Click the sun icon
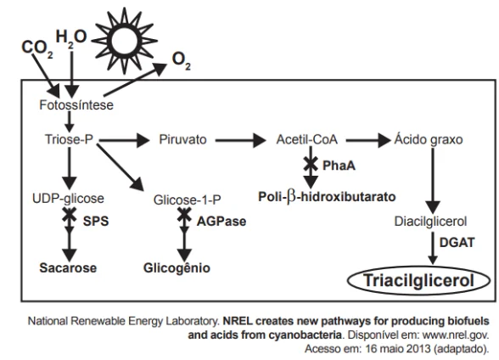pos(125,41)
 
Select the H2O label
pos(71,37)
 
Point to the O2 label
pos(182,61)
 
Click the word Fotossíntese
pos(76,105)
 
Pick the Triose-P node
pos(69,139)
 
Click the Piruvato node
pos(182,139)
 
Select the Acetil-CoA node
pos(307,139)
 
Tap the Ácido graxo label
pos(429,139)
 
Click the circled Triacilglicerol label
pos(418,281)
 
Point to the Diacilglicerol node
pos(430,222)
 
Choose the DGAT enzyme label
pos(457,243)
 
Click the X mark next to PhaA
pos(311,164)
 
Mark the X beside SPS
pos(69,214)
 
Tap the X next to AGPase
pos(184,214)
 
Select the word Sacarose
pos(68,267)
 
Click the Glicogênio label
pos(177,267)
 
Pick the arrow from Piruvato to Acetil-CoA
pos(241,140)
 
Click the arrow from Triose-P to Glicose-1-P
pos(120,167)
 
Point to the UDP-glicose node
pos(68,199)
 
